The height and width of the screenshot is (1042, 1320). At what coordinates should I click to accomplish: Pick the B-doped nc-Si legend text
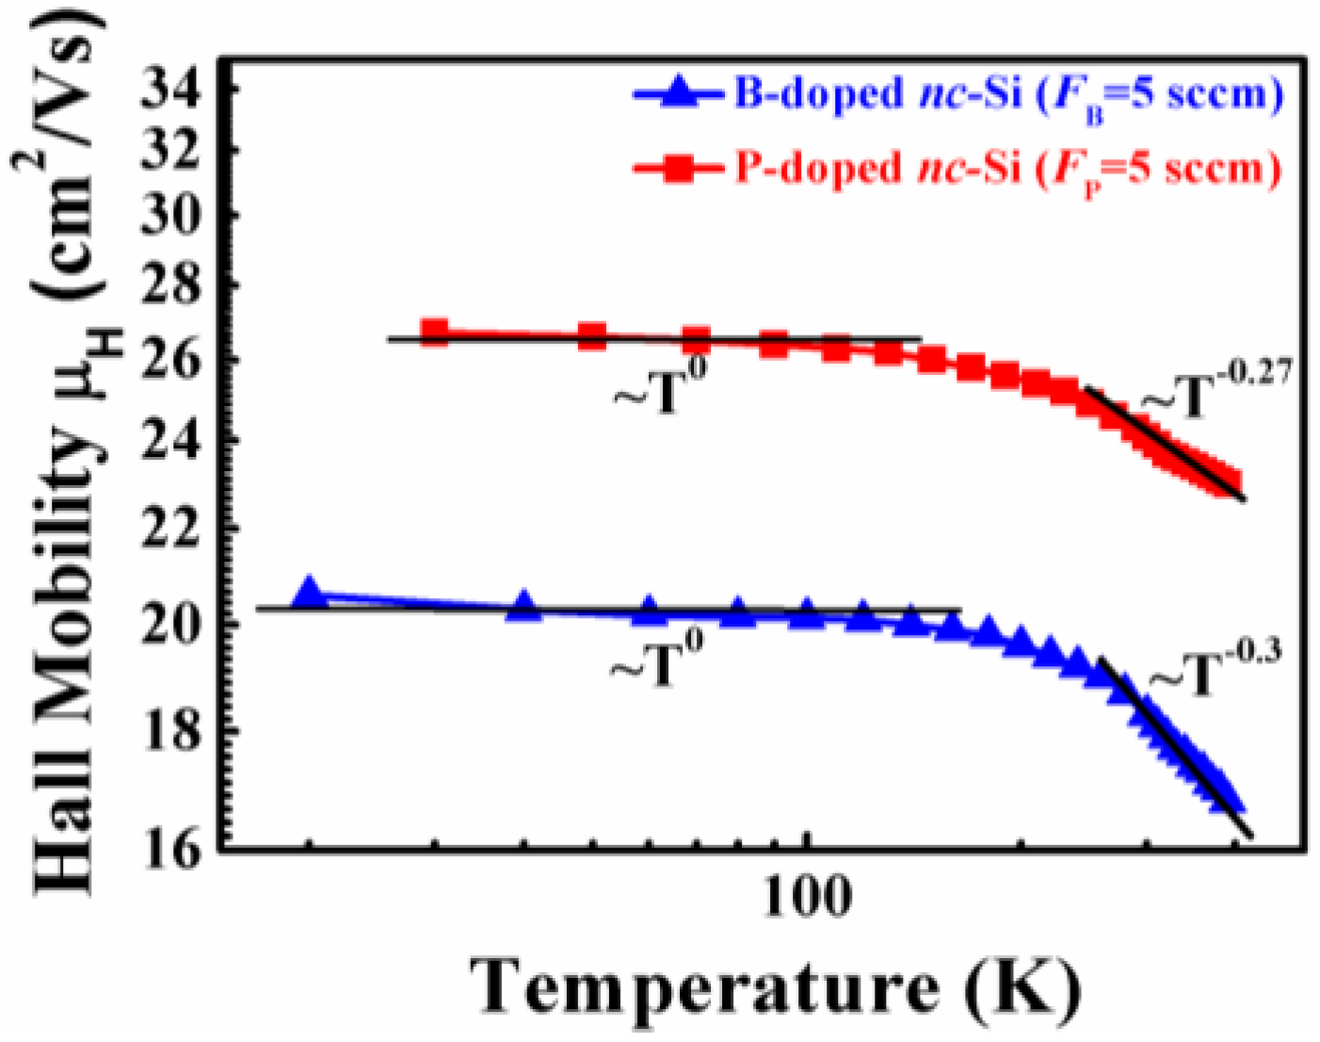tap(1007, 95)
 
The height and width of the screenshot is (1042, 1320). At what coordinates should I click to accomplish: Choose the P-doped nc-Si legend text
tap(1007, 170)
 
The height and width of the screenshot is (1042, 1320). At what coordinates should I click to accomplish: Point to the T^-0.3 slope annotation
tap(1215, 667)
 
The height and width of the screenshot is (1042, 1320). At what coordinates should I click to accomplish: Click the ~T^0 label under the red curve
tap(660, 387)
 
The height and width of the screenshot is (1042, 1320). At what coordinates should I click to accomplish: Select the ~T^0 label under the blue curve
tap(657, 660)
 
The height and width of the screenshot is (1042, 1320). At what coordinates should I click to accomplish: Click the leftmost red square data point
tap(434, 331)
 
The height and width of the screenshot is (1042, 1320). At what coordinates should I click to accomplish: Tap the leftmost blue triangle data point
tap(309, 593)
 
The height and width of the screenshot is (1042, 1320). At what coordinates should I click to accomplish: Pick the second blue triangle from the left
tap(524, 608)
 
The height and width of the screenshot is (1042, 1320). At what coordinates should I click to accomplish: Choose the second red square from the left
tap(592, 335)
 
